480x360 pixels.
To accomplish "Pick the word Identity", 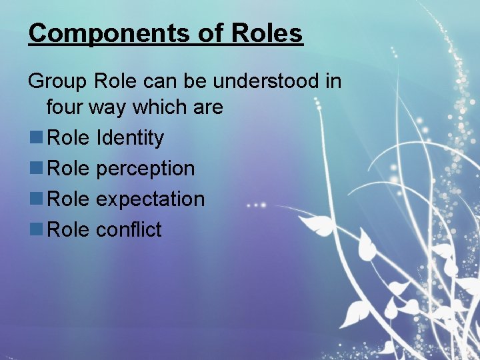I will tap(130, 138).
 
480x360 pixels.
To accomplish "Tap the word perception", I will tap(145, 169).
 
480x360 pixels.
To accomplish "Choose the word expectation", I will tap(150, 199).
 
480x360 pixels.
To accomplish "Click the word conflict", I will tap(129, 230).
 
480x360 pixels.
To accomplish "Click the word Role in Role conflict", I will tap(69, 230).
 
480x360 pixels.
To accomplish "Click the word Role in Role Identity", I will tap(69, 138).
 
